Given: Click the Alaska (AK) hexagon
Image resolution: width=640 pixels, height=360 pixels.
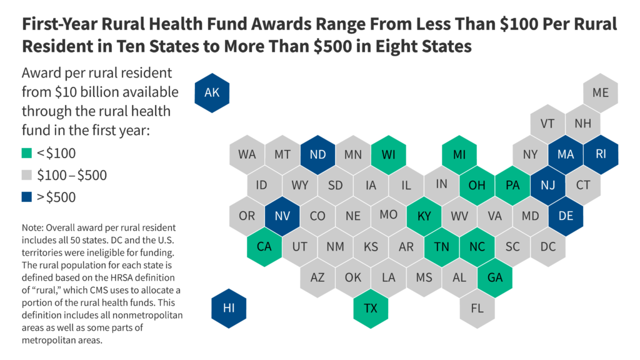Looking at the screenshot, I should click(x=211, y=93).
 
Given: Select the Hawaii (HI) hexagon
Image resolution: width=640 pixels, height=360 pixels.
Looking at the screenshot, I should click(x=229, y=308).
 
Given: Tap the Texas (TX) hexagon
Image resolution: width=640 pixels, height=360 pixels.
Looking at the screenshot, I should click(x=371, y=308).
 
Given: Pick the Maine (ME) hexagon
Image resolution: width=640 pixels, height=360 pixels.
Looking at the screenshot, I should click(x=601, y=93).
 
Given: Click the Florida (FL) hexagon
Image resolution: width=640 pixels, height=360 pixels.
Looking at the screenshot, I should click(x=477, y=308).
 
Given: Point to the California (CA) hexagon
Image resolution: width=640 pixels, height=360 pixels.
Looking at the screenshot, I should click(x=264, y=246).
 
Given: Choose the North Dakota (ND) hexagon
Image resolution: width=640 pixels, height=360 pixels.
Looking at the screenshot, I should click(x=317, y=154).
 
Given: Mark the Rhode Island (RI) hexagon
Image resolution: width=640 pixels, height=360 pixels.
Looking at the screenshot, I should click(x=601, y=154).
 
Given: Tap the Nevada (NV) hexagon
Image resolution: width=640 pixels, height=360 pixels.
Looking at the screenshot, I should click(x=282, y=216).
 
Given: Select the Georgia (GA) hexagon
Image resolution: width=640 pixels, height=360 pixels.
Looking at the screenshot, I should click(x=494, y=277).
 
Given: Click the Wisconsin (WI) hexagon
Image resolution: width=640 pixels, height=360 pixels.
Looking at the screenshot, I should click(x=388, y=154).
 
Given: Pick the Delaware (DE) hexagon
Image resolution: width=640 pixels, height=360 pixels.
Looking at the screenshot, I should click(x=566, y=216).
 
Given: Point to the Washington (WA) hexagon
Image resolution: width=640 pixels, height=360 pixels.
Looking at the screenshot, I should click(x=247, y=154).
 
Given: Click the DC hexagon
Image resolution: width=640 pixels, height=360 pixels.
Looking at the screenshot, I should click(x=548, y=246).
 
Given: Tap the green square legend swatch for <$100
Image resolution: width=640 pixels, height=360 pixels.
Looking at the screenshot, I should click(x=26, y=152).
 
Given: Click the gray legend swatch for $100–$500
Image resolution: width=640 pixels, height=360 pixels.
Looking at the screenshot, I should click(x=26, y=176).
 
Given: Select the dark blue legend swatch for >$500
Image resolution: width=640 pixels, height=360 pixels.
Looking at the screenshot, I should click(x=26, y=198).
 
